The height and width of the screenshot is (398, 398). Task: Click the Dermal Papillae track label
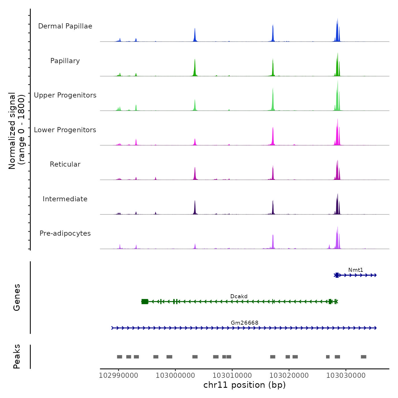pos(65,26)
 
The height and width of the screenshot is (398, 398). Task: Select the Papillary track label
pos(65,61)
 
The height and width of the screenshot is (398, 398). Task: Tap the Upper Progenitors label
pos(65,95)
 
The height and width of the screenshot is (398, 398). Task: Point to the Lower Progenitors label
pos(65,130)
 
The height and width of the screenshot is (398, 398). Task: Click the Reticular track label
pos(65,164)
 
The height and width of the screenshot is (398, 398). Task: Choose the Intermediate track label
pos(65,199)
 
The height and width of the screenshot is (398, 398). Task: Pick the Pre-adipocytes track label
pos(65,233)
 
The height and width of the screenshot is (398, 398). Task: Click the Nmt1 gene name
pos(356,270)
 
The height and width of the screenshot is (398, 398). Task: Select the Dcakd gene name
pos(239,297)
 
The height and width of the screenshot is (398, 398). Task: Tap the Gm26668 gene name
pos(244,323)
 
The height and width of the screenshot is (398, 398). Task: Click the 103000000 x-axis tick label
pos(175,376)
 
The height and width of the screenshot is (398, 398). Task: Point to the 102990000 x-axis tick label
pos(119,376)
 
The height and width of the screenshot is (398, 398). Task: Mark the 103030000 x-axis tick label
pos(346,376)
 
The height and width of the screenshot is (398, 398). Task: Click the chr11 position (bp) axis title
pos(244,385)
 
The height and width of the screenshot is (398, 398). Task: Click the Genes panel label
pos(17,297)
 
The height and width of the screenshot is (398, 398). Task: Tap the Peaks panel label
pos(17,356)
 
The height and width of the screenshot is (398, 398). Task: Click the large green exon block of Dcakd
pos(145,302)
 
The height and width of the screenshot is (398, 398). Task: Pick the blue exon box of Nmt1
pos(337,275)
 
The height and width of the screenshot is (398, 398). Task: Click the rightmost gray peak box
pos(363,357)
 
